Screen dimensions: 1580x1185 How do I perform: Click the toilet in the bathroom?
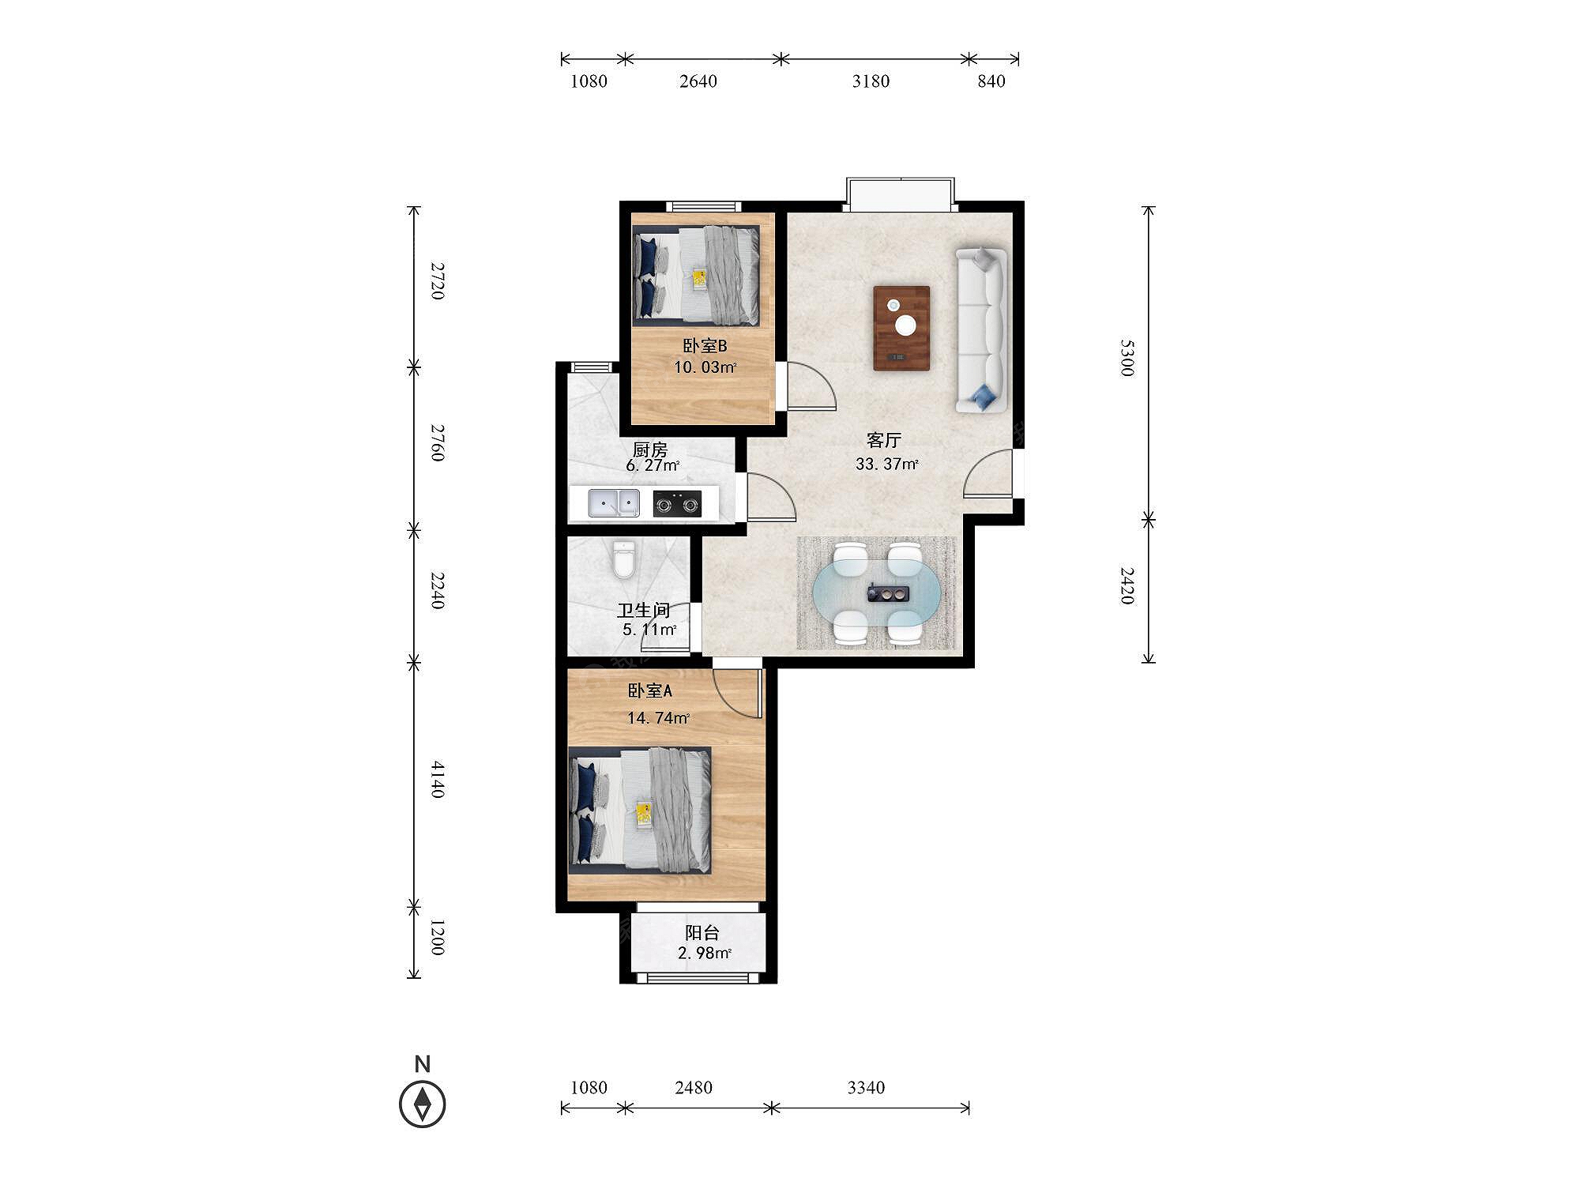[624, 559]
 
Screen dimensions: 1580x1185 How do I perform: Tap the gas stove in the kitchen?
[677, 503]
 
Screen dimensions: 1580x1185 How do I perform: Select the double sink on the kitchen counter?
[614, 503]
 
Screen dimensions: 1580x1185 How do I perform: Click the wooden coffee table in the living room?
[901, 328]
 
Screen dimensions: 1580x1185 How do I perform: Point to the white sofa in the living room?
[982, 330]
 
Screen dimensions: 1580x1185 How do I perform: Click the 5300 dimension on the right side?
[1127, 358]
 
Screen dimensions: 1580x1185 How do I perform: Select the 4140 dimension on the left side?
[438, 780]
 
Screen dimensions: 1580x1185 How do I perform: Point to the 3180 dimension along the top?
[871, 81]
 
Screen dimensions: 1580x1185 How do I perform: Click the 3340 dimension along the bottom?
[866, 1088]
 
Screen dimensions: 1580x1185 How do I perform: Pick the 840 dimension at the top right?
[991, 81]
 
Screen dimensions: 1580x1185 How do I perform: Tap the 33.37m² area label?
[886, 464]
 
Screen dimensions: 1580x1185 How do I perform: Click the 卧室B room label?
[705, 346]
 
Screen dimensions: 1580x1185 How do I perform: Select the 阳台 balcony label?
[702, 933]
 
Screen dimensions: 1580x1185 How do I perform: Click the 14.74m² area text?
[658, 718]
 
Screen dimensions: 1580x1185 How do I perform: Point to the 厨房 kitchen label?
[650, 449]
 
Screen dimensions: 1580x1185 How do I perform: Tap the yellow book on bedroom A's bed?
[644, 814]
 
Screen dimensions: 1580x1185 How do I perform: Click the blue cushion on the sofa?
[983, 397]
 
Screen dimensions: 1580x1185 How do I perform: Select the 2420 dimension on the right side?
[1127, 585]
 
